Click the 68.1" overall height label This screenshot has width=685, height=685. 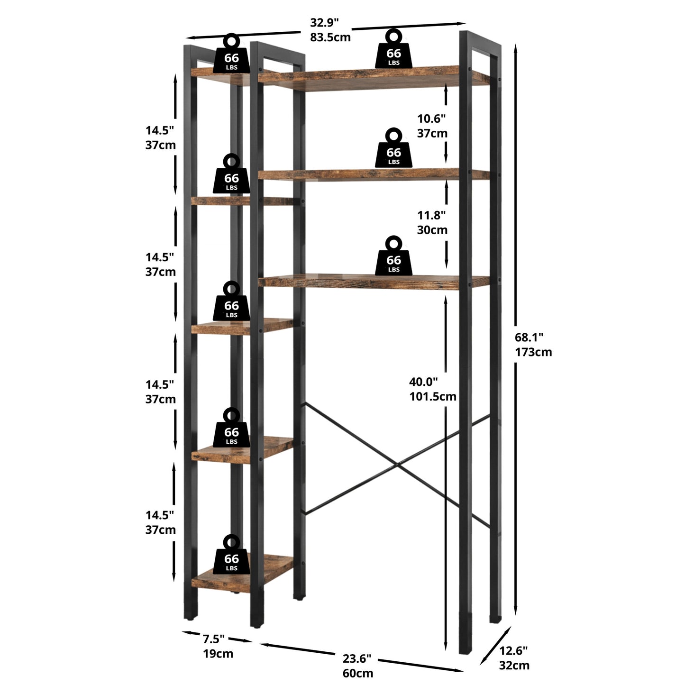click(529, 337)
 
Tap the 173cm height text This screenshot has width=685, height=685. click(533, 352)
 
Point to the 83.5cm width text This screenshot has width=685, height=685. click(330, 37)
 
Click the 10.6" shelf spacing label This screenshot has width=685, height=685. click(431, 119)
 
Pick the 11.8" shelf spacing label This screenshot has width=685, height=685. click(431, 215)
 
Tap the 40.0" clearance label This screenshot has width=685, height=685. click(423, 382)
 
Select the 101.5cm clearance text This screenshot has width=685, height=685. click(433, 396)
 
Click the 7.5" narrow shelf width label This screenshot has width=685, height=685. click(214, 639)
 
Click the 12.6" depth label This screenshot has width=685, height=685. click(513, 650)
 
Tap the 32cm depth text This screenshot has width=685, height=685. click(514, 665)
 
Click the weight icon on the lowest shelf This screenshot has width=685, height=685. click(231, 559)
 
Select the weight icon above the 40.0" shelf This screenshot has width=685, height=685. click(393, 256)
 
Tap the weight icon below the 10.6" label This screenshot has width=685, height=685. click(393, 148)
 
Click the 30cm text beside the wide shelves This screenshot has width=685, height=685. click(432, 230)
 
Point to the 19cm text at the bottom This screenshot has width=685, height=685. click(218, 654)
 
